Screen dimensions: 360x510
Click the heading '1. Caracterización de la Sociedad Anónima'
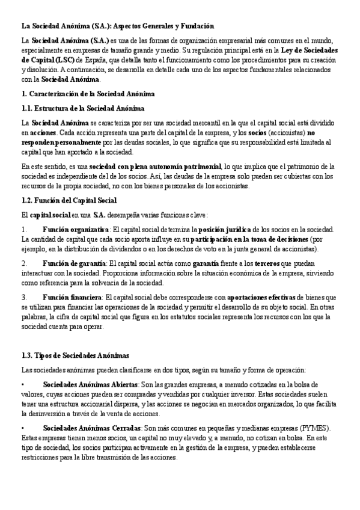tap(88, 94)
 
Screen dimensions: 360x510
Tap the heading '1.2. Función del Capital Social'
tap(69, 200)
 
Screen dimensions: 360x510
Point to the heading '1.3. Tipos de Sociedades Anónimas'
tap(75, 356)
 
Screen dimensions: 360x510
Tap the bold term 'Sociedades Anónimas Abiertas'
tap(90, 383)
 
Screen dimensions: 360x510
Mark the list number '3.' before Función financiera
tap(24, 298)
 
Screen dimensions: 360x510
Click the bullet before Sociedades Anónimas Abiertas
tap(22, 383)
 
